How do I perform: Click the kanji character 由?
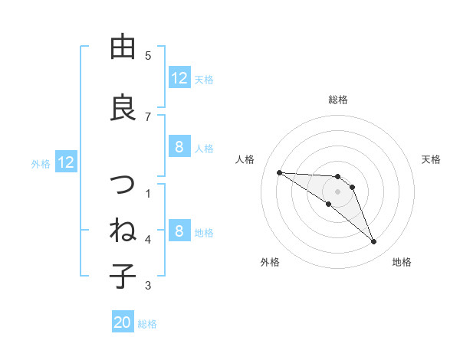point(123,47)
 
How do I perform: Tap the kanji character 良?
point(123,106)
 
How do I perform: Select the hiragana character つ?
point(123,185)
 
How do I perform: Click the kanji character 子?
point(123,275)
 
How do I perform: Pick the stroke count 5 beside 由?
point(148,55)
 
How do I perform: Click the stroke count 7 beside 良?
point(148,116)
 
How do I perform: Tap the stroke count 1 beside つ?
point(148,193)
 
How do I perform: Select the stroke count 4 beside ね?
point(148,240)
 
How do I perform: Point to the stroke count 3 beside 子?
point(148,286)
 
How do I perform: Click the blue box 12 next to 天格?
point(179,78)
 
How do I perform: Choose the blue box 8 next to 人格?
point(179,147)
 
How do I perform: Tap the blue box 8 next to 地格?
point(179,231)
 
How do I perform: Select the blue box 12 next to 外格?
point(66,162)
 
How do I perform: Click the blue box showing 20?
point(123,323)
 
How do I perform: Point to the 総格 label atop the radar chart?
point(338,100)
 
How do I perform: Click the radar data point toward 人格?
point(279,172)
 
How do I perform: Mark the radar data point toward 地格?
point(374,242)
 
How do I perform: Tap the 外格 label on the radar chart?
point(270,262)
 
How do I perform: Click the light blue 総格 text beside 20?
point(147,324)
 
